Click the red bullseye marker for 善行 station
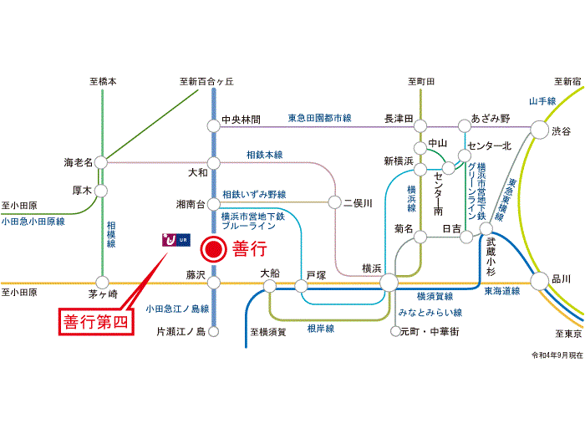click(x=213, y=249)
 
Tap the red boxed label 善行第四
click(x=96, y=322)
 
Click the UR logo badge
click(x=176, y=240)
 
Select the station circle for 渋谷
click(x=540, y=130)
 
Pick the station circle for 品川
click(x=540, y=281)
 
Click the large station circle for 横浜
click(x=389, y=283)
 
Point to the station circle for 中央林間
click(x=214, y=125)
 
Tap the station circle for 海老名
click(x=101, y=163)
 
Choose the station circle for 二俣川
click(x=334, y=202)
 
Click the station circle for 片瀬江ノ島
click(x=213, y=331)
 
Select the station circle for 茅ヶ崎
click(x=102, y=283)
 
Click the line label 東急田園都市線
click(x=320, y=118)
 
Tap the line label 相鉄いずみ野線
click(x=254, y=194)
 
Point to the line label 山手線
click(x=542, y=101)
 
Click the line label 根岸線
click(x=320, y=329)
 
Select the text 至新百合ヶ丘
click(x=206, y=81)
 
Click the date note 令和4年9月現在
click(x=557, y=355)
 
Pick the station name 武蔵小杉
click(x=491, y=258)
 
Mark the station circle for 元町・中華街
click(x=395, y=331)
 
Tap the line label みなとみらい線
click(x=430, y=313)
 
